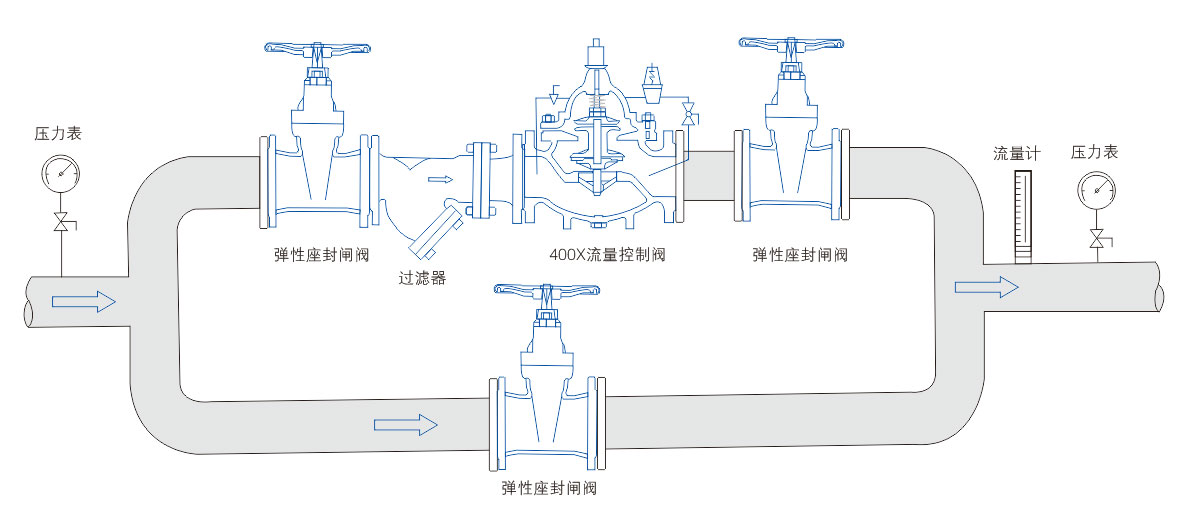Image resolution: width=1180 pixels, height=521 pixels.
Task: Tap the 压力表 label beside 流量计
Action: pyautogui.click(x=1094, y=152)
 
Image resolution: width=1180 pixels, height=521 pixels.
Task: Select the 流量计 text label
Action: pyautogui.click(x=1018, y=153)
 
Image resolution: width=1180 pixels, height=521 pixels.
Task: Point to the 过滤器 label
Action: pyautogui.click(x=420, y=278)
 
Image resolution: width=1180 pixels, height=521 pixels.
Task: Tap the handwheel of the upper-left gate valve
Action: pyautogui.click(x=317, y=47)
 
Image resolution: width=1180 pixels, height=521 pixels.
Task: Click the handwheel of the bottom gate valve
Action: pyautogui.click(x=546, y=290)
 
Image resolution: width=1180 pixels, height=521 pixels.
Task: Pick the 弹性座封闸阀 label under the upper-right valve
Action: pyautogui.click(x=800, y=255)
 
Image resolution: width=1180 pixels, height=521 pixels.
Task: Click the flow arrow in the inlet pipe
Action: pyautogui.click(x=84, y=301)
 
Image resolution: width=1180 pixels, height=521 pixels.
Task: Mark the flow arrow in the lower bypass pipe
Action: pyautogui.click(x=406, y=425)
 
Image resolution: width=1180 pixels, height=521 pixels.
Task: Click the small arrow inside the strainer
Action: pyautogui.click(x=440, y=180)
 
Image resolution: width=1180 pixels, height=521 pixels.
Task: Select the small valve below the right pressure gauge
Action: pyautogui.click(x=1097, y=239)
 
